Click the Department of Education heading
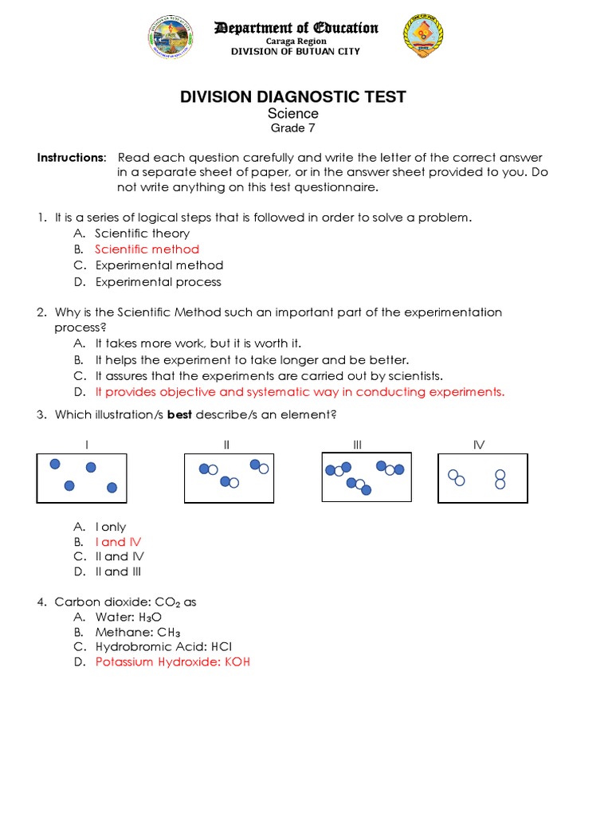coord(296,28)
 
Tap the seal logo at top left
coord(169,37)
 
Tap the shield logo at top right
coord(423,36)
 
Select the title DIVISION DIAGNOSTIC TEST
coord(292,96)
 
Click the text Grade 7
coord(292,128)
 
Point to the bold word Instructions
coord(71,158)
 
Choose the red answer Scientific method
coord(147,249)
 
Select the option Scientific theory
coord(142,233)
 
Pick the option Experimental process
coord(158,282)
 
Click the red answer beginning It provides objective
coord(300,392)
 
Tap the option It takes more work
coord(198,343)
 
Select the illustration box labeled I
coord(81,478)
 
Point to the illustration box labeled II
coord(229,478)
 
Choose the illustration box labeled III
coord(367,477)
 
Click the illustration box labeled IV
coord(482,478)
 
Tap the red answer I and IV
coord(118,542)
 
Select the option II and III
coord(119,571)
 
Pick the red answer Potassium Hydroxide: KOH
coord(173,662)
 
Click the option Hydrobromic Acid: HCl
coord(163,647)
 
